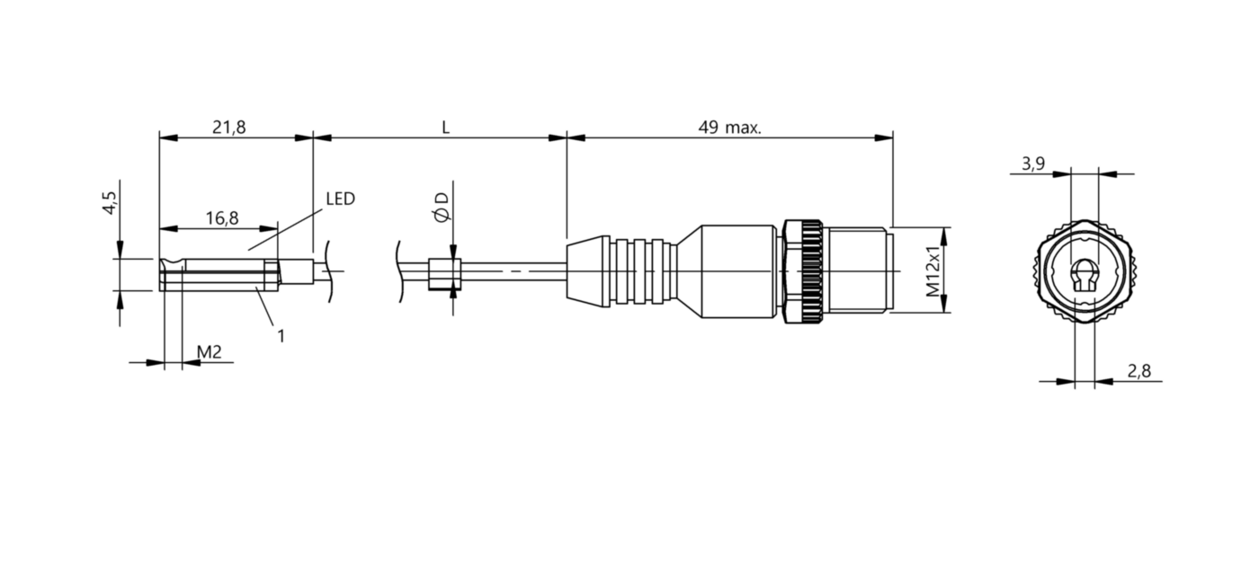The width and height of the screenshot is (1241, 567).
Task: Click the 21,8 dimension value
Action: tap(228, 128)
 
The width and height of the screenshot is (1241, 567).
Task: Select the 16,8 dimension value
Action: tap(222, 218)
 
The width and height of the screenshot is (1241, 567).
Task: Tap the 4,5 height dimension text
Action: tap(110, 203)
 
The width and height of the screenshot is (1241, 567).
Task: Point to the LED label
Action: tap(340, 199)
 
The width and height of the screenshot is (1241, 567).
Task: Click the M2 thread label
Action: tap(209, 351)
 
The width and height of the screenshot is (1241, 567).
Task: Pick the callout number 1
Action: tap(281, 336)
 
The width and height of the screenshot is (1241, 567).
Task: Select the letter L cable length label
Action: tap(445, 128)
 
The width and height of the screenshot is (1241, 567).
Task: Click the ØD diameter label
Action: tap(442, 208)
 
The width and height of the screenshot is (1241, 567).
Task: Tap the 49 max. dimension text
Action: tap(729, 128)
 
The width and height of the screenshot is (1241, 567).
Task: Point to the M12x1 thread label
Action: tap(933, 270)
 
